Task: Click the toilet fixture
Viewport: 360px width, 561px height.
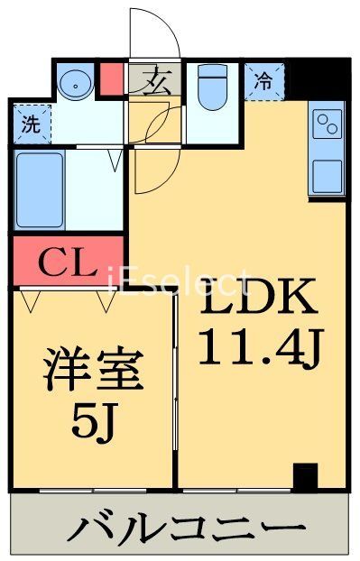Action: (x=212, y=88)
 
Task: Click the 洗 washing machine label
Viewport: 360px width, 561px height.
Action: (x=31, y=126)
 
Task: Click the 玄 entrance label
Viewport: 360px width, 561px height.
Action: (x=156, y=81)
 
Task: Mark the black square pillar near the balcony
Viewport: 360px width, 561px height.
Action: (x=306, y=474)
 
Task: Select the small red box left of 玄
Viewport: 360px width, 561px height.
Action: (x=112, y=80)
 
